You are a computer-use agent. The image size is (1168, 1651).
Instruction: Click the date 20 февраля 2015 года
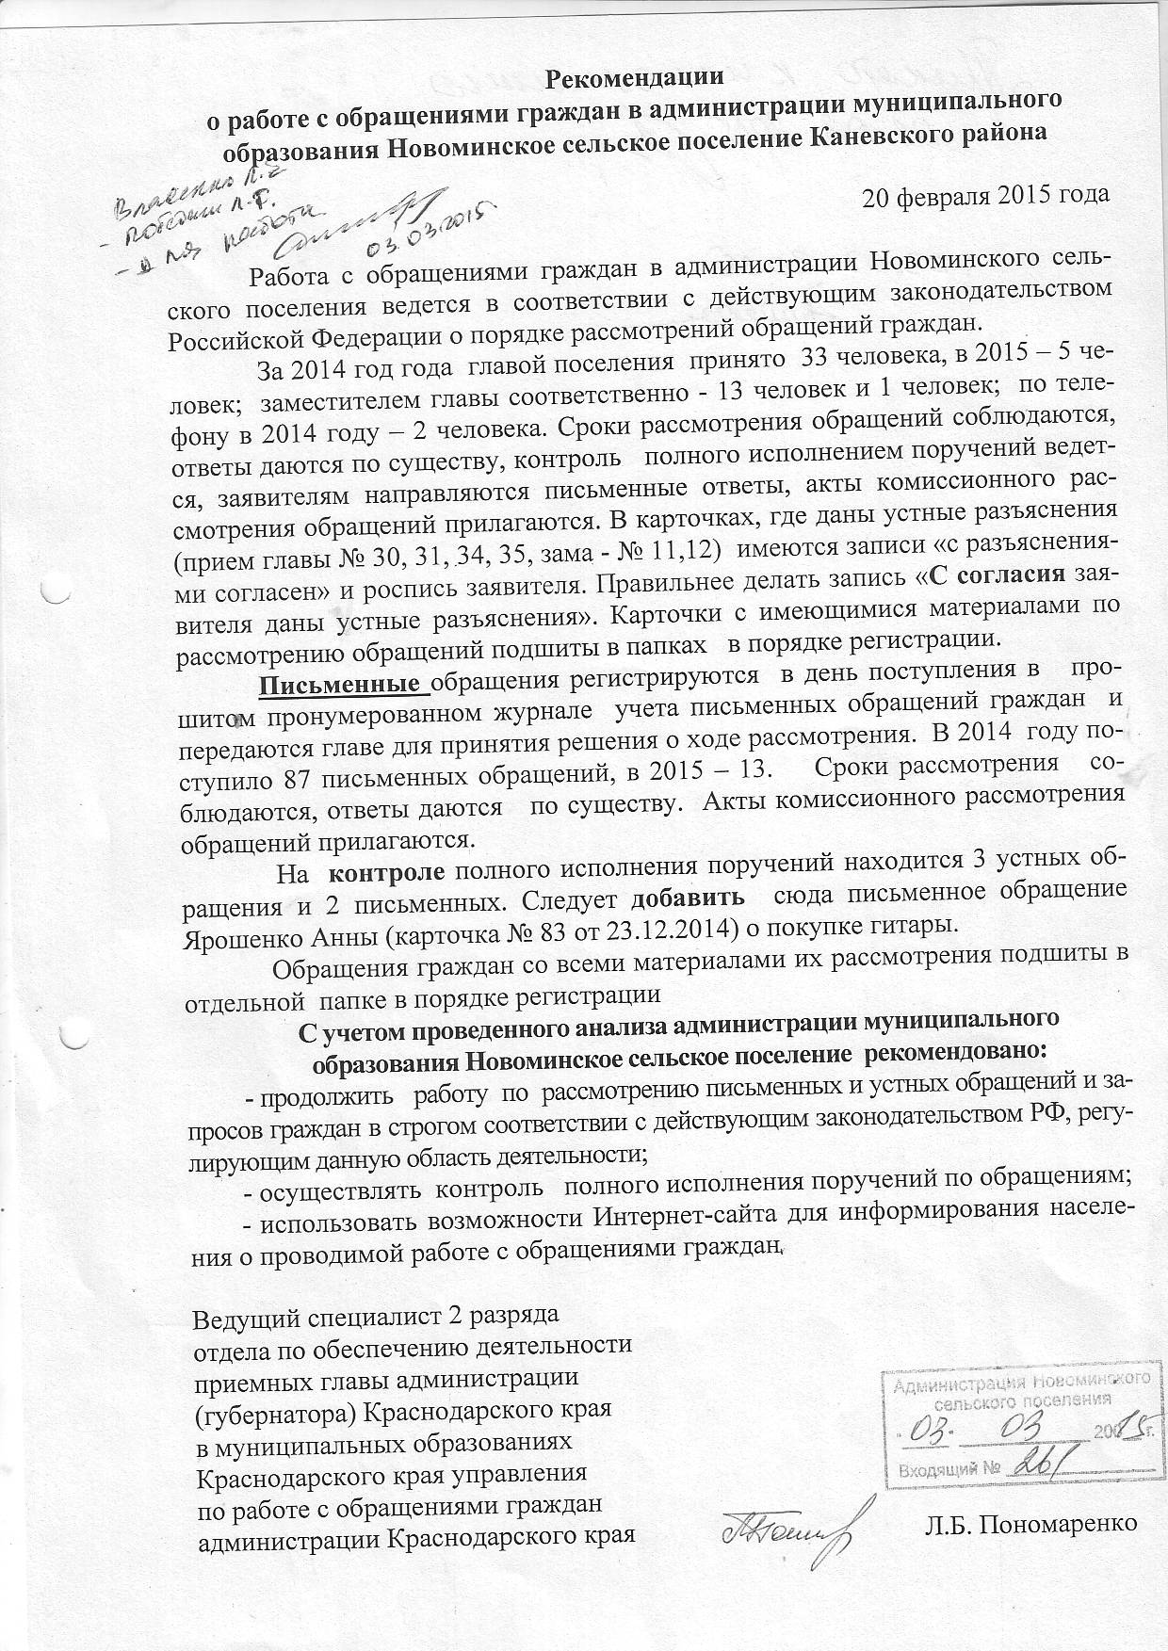pos(986,196)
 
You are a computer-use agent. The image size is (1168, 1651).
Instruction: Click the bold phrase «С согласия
pos(997,574)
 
